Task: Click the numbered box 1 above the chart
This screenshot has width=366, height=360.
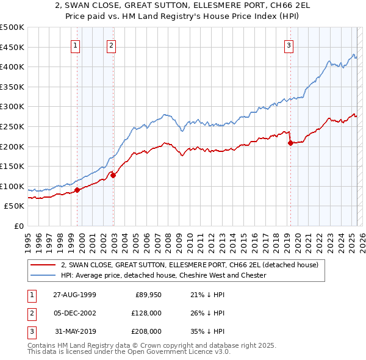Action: pos(75,45)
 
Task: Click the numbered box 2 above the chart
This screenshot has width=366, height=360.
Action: pos(111,45)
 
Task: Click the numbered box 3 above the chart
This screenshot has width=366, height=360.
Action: pos(289,45)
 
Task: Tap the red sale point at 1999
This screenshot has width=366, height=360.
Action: pos(77,190)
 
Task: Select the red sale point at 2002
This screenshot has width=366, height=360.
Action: pos(113,175)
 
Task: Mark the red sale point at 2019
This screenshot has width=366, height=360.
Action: pos(290,143)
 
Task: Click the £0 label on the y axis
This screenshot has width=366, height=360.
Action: pos(19,226)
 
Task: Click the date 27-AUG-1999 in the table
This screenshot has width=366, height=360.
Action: pos(74,295)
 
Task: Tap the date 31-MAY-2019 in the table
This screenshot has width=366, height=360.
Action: pos(74,331)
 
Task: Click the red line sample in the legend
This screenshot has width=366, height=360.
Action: pos(43,265)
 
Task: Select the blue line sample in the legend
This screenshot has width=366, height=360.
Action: pos(43,275)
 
